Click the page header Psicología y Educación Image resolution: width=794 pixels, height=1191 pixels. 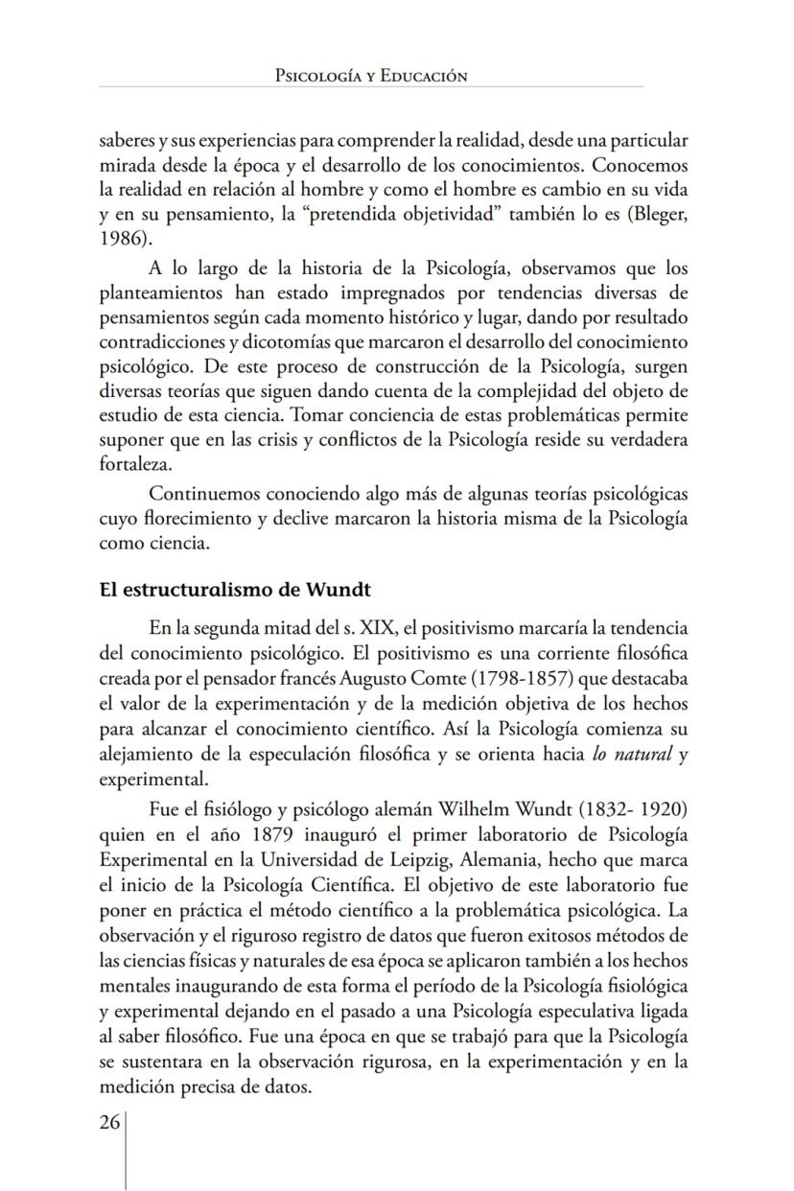click(x=370, y=75)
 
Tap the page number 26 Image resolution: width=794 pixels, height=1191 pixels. click(x=108, y=1124)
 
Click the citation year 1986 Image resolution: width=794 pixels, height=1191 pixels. click(x=119, y=237)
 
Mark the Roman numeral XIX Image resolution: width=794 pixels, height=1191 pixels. click(x=377, y=628)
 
